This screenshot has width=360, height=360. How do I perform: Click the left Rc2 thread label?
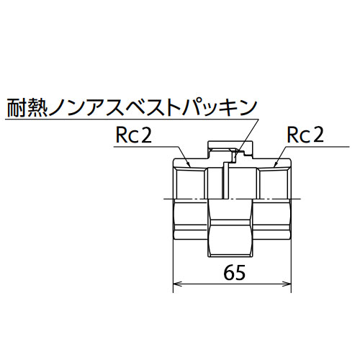pos(134,135)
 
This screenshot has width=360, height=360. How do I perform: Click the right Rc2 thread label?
pos(305,135)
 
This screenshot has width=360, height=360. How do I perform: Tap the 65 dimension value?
pos(235,273)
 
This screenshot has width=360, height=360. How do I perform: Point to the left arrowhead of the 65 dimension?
pos(177,284)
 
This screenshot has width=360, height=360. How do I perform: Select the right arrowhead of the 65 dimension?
pos(287,284)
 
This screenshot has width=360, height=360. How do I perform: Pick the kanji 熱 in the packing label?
pos(37,108)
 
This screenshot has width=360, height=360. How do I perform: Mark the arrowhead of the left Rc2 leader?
pos(189,164)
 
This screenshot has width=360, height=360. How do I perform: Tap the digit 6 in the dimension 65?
pos(229,273)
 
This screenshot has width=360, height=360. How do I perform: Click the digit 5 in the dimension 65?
pos(240,273)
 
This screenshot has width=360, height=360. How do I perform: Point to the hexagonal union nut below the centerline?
pos(230,228)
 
